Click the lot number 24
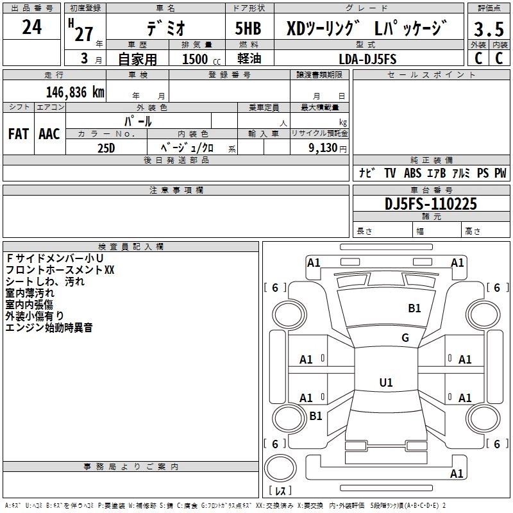(31, 27)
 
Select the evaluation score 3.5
(488, 29)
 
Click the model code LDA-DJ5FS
(367, 59)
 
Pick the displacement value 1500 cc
(195, 59)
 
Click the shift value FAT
(18, 134)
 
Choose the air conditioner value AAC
(49, 134)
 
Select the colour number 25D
(106, 147)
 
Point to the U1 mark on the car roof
(385, 383)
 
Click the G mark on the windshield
(405, 338)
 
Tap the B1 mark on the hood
(414, 308)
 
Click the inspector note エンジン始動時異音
(49, 328)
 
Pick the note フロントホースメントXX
(60, 270)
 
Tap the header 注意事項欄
(176, 190)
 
